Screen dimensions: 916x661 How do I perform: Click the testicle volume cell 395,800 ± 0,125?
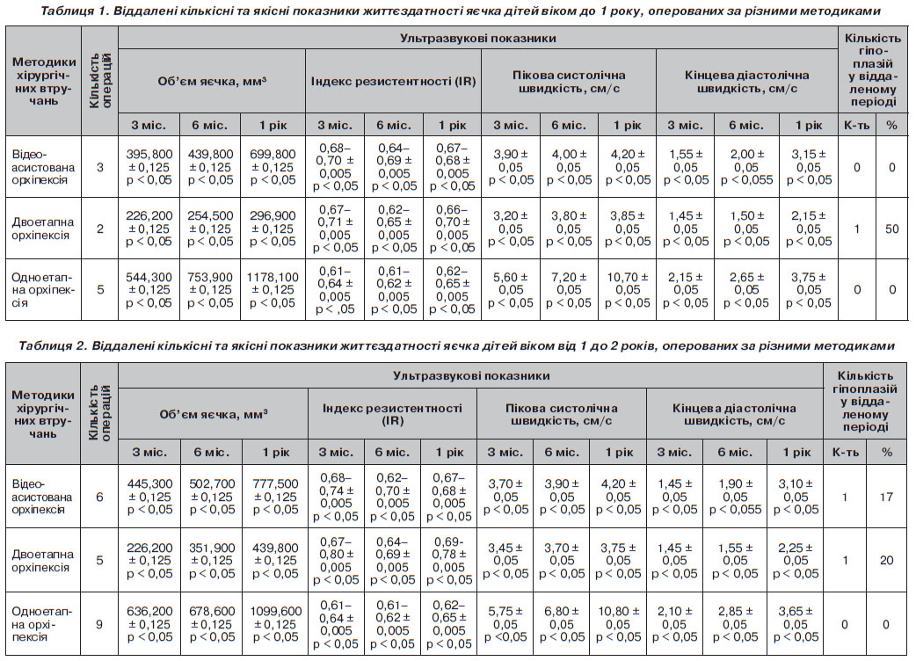(149, 167)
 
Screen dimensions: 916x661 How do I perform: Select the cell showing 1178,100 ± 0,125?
(273, 289)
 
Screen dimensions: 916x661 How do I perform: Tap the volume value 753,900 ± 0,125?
(210, 289)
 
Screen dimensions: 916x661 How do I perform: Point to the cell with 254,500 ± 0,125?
(210, 229)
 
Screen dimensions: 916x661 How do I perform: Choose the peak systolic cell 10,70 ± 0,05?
(628, 289)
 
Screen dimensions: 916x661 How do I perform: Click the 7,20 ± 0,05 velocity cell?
(569, 289)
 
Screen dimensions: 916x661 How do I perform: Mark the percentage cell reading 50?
(891, 229)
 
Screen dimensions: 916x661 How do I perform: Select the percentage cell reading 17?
(886, 497)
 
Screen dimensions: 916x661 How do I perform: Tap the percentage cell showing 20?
(886, 561)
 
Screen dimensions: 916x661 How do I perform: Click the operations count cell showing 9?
(99, 624)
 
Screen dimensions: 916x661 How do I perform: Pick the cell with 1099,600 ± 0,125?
(276, 624)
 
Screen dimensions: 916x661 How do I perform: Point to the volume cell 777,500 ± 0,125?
(275, 497)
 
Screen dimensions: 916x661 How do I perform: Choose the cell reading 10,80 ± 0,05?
(618, 624)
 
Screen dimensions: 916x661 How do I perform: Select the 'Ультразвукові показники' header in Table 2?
(471, 375)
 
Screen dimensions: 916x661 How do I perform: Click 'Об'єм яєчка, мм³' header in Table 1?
(212, 81)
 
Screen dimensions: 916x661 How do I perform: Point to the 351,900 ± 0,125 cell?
(212, 561)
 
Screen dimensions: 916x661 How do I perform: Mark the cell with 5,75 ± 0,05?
(505, 624)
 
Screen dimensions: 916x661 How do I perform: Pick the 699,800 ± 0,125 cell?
(273, 167)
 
